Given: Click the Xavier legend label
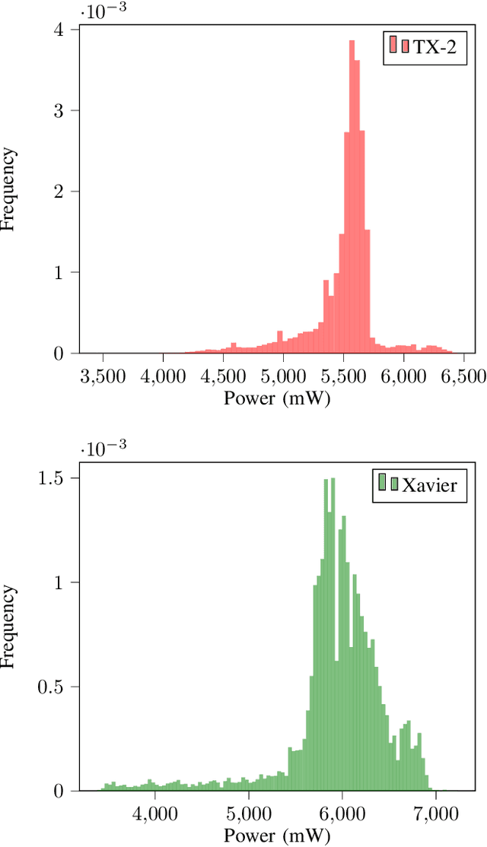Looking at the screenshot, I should click(430, 484).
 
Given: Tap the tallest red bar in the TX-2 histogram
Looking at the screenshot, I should click(352, 197).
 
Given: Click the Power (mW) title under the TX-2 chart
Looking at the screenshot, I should click(277, 398).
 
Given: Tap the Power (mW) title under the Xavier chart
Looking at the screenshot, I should click(277, 835).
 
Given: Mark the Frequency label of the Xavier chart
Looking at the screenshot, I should click(10, 627).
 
